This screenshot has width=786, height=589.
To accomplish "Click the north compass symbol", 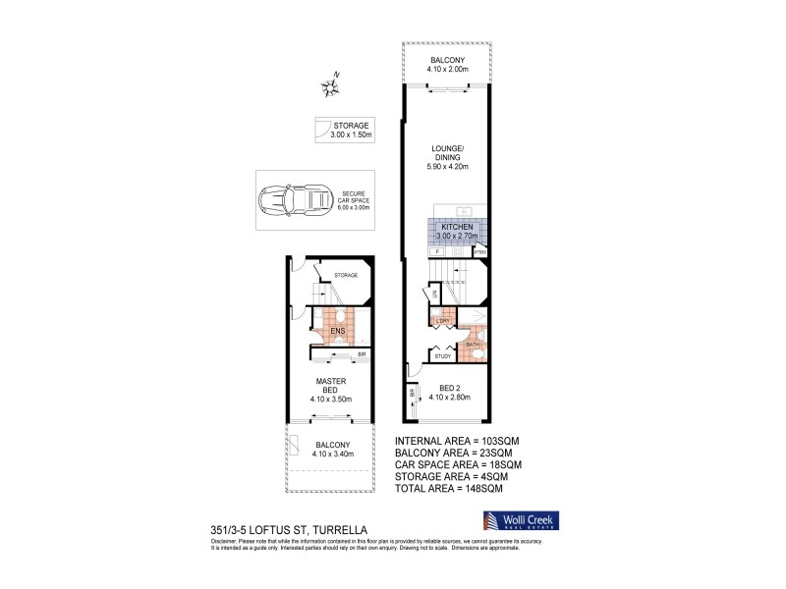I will tap(330, 87).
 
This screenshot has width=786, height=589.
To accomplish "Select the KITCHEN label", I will tap(457, 227).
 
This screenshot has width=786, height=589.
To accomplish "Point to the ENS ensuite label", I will tap(336, 332).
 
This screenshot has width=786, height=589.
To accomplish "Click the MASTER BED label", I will tap(326, 386).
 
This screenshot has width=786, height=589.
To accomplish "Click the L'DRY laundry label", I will tap(442, 321).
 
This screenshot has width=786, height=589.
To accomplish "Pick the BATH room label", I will tap(473, 344).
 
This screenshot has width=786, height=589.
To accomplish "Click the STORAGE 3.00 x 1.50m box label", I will tap(351, 130).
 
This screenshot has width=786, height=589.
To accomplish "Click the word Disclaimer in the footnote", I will tap(225, 539).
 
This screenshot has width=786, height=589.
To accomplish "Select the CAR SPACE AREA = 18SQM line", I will tap(458, 464).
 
